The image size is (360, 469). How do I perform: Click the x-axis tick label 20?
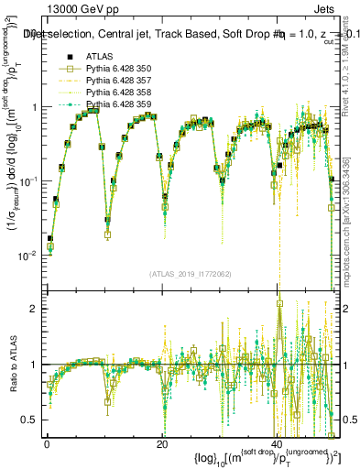[161, 444]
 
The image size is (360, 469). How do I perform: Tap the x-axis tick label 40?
[277, 444]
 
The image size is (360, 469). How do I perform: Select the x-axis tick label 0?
[47, 444]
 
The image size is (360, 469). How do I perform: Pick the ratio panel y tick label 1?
[33, 365]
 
